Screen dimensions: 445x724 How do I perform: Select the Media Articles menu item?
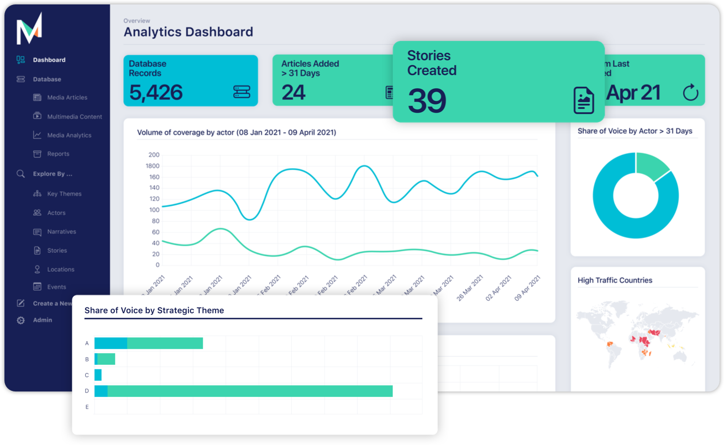[x=67, y=98]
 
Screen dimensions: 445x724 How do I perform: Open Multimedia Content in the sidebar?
[x=75, y=116]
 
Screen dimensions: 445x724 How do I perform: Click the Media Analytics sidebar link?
[x=69, y=135]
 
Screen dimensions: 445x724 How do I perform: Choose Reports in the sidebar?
[x=58, y=154]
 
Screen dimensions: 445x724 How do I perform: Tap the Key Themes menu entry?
[x=64, y=194]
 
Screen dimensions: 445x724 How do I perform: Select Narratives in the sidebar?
[x=61, y=232]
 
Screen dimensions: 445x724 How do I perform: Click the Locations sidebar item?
[x=60, y=269]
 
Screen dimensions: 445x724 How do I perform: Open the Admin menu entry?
[x=43, y=320]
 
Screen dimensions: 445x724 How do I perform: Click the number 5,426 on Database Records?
[x=156, y=92]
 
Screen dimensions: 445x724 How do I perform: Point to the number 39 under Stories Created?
[x=427, y=101]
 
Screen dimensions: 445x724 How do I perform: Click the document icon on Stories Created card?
[x=584, y=100]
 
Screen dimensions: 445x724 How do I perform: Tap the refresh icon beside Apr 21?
[x=690, y=93]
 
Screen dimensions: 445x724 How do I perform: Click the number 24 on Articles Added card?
[x=293, y=92]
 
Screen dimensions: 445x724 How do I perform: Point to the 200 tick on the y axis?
[x=154, y=155]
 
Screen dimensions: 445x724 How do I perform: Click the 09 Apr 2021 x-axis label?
[x=527, y=288]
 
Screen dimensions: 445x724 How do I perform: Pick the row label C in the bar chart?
[x=87, y=375]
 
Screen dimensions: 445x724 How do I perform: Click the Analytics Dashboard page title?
[x=188, y=32]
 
